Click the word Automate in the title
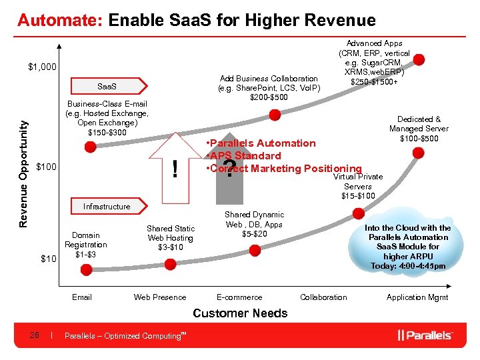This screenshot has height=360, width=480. click(59, 21)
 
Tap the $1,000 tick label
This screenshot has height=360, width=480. click(42, 67)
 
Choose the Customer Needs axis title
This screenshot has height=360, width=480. click(240, 313)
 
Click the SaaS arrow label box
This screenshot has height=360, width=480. click(107, 87)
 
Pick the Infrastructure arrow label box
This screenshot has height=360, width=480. click(107, 207)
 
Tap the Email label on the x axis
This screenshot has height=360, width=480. click(82, 297)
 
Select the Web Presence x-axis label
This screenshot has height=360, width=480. click(160, 297)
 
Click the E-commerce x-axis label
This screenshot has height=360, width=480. click(239, 297)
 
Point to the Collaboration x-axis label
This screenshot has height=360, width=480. click(323, 297)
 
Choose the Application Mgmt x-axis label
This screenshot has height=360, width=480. click(417, 297)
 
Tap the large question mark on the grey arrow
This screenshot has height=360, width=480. click(229, 169)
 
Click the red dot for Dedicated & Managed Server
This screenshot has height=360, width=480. click(418, 153)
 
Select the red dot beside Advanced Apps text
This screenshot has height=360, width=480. click(418, 59)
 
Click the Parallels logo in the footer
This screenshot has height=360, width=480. click(425, 335)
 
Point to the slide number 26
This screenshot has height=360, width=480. click(34, 335)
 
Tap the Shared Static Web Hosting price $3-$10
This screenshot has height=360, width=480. click(171, 247)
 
